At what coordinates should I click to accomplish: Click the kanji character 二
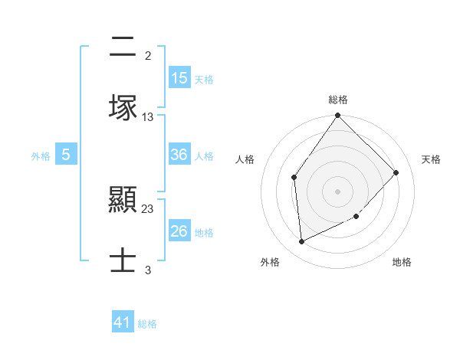(123, 47)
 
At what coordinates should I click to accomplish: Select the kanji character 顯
(123, 201)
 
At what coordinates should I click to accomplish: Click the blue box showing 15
(179, 78)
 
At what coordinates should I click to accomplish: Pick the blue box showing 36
(179, 155)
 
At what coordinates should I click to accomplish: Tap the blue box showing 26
(179, 231)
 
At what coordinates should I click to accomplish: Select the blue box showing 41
(123, 322)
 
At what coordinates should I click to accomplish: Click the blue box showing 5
(66, 155)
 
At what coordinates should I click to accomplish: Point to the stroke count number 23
(148, 208)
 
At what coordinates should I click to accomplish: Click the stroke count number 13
(148, 117)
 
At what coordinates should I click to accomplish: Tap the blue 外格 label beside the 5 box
(41, 155)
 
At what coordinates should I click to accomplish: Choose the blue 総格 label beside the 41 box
(147, 324)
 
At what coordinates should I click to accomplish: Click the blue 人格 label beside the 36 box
(204, 155)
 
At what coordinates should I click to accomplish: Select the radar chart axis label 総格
(338, 100)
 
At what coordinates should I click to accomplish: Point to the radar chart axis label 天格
(432, 159)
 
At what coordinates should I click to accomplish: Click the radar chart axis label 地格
(402, 263)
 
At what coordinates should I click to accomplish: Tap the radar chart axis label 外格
(270, 263)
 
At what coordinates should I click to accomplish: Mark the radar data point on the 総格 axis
(338, 116)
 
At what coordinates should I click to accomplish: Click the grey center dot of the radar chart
(338, 191)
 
